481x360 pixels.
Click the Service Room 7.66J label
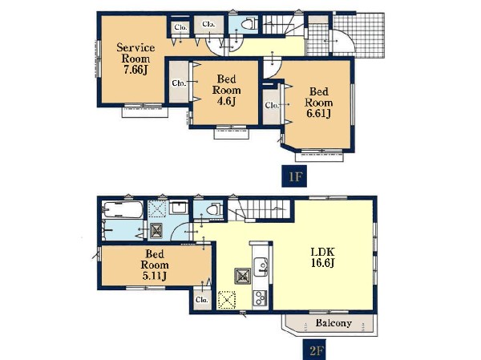135,59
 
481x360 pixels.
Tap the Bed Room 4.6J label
226,90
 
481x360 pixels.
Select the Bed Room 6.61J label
319,102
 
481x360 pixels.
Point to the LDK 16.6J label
323,257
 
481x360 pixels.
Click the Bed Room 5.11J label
155,265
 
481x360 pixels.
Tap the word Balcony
333,323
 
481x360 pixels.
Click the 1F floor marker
294,176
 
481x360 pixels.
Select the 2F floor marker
315,350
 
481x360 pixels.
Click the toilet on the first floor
249,23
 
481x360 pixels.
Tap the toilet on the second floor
214,209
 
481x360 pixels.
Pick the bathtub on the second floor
123,209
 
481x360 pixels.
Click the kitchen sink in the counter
261,265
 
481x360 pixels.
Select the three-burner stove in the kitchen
260,297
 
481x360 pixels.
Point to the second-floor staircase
259,210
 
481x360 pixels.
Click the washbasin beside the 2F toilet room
179,208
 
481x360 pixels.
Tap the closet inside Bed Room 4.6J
179,83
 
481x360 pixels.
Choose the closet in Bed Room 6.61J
272,106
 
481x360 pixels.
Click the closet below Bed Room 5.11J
203,300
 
